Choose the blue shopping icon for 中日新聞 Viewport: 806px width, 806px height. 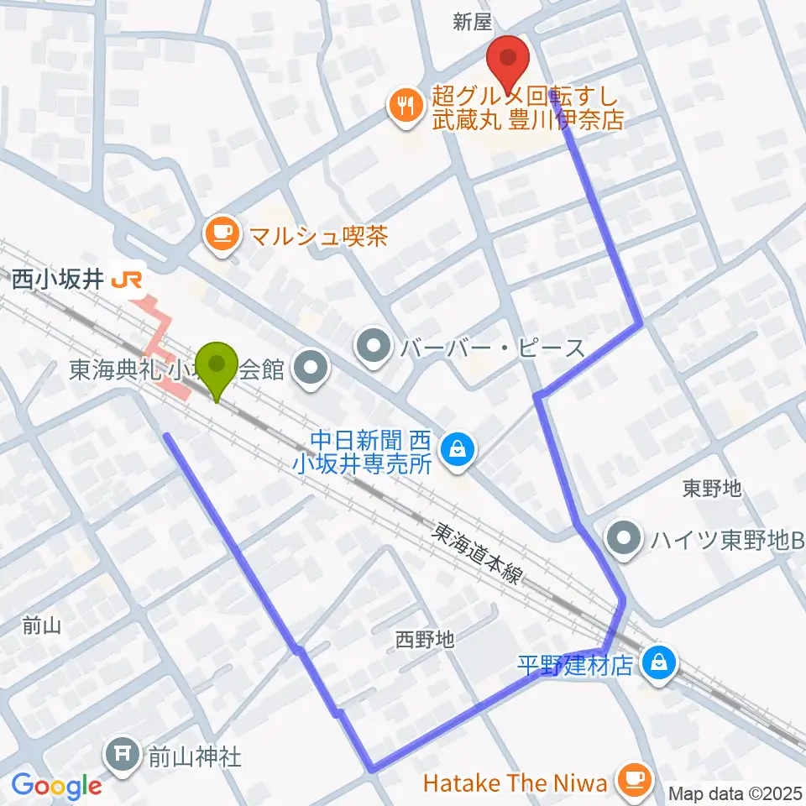coord(458,449)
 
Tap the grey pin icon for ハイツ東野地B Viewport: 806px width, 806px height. coord(623,536)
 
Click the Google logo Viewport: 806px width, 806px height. coord(56,786)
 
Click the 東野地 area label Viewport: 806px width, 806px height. coord(712,487)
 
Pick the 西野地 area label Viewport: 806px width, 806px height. coord(425,641)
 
